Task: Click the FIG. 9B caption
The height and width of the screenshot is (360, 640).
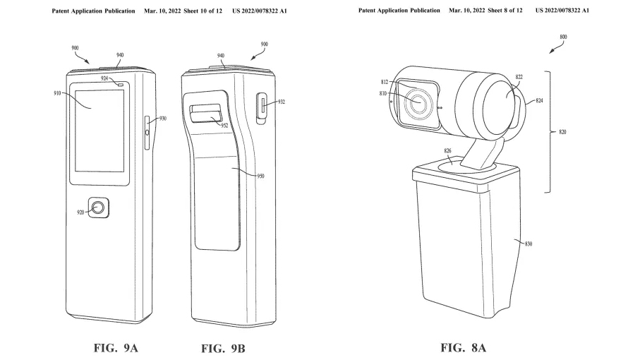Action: tap(224, 348)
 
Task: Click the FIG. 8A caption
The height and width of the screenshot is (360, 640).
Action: tap(463, 348)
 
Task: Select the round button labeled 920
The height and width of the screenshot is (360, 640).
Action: tap(99, 208)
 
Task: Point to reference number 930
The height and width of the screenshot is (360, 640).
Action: tap(162, 119)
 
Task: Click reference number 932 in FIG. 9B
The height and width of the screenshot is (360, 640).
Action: tap(282, 102)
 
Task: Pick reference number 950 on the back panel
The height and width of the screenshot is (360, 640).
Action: tap(260, 176)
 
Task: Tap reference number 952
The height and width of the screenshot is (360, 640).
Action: tap(225, 126)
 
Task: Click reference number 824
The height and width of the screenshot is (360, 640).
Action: tap(539, 101)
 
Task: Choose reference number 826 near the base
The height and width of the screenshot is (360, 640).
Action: tap(447, 150)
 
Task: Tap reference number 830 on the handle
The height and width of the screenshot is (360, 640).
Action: tap(528, 244)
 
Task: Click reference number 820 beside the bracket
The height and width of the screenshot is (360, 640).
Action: tap(562, 132)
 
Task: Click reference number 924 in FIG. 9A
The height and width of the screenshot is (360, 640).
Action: tap(104, 79)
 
